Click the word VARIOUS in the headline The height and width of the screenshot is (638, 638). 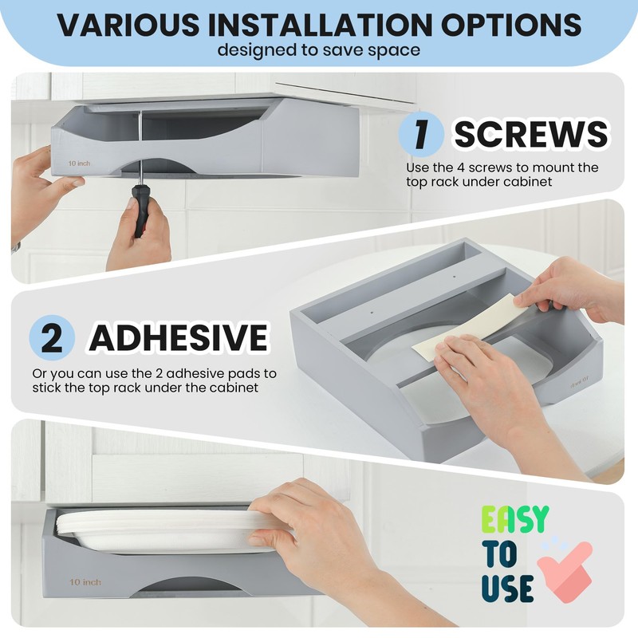pyautogui.click(x=128, y=25)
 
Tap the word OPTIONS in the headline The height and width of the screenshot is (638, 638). pyautogui.click(x=511, y=25)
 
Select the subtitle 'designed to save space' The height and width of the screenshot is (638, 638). pyautogui.click(x=318, y=50)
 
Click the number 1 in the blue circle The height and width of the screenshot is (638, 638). pyautogui.click(x=421, y=134)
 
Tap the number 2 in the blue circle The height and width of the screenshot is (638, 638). pyautogui.click(x=52, y=337)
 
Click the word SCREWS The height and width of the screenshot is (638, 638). pyautogui.click(x=531, y=134)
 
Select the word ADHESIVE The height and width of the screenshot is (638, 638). pyautogui.click(x=179, y=337)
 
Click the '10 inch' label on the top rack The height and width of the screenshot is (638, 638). pyautogui.click(x=79, y=163)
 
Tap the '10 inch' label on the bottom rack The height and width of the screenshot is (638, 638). pyautogui.click(x=85, y=582)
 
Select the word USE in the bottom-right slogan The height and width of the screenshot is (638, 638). pyautogui.click(x=507, y=589)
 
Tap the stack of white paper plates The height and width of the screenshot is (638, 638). pyautogui.click(x=163, y=531)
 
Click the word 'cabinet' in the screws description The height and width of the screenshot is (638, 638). pyautogui.click(x=529, y=182)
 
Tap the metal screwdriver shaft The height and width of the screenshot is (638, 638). pyautogui.click(x=140, y=148)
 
